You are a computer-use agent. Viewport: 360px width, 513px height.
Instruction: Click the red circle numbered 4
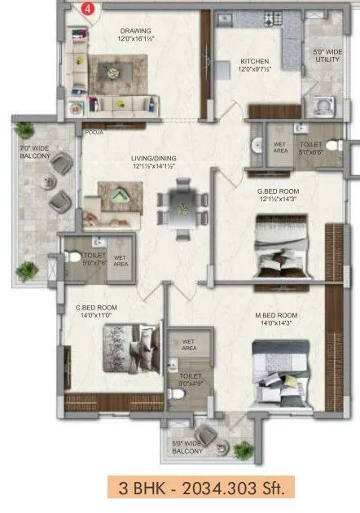(x=89, y=10)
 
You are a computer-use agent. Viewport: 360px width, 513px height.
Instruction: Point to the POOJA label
(x=93, y=131)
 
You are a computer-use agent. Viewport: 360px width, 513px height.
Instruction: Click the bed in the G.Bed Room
(x=277, y=244)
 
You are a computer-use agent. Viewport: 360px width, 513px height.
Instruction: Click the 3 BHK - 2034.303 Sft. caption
(x=199, y=489)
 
